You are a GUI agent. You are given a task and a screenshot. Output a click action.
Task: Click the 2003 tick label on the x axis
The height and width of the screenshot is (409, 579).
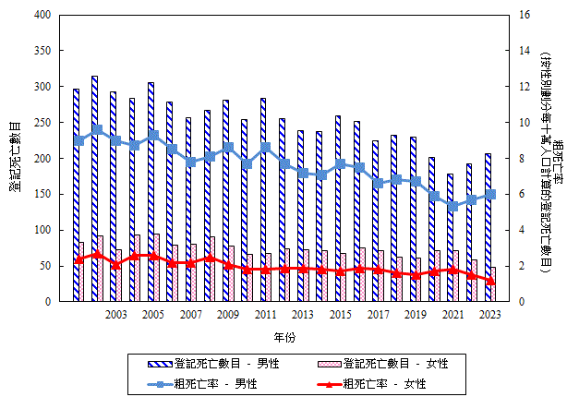point(116,316)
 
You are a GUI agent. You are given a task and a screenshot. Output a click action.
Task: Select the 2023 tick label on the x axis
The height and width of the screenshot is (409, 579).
point(490,316)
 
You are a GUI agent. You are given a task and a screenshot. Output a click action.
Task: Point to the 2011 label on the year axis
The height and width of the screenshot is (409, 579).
point(266,316)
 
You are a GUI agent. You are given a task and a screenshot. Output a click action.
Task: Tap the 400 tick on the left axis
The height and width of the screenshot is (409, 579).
point(42,16)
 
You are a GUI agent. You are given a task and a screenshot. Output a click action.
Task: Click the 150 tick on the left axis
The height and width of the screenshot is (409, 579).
point(42,195)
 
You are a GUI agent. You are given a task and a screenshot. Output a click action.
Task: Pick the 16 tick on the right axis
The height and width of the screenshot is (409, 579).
point(524,16)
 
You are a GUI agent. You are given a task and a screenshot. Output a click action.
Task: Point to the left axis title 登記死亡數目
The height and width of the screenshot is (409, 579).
point(16,157)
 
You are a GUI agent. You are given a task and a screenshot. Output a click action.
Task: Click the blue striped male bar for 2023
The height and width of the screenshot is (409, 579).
point(488,227)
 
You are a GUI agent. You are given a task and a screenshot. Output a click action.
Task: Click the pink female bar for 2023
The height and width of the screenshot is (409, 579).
point(493,283)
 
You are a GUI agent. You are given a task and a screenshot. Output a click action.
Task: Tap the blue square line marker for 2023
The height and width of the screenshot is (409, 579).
point(490,194)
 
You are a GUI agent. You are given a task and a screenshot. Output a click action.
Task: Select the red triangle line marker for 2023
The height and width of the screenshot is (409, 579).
point(490,281)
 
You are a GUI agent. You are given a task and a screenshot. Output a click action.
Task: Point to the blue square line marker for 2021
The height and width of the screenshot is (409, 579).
point(452,206)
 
